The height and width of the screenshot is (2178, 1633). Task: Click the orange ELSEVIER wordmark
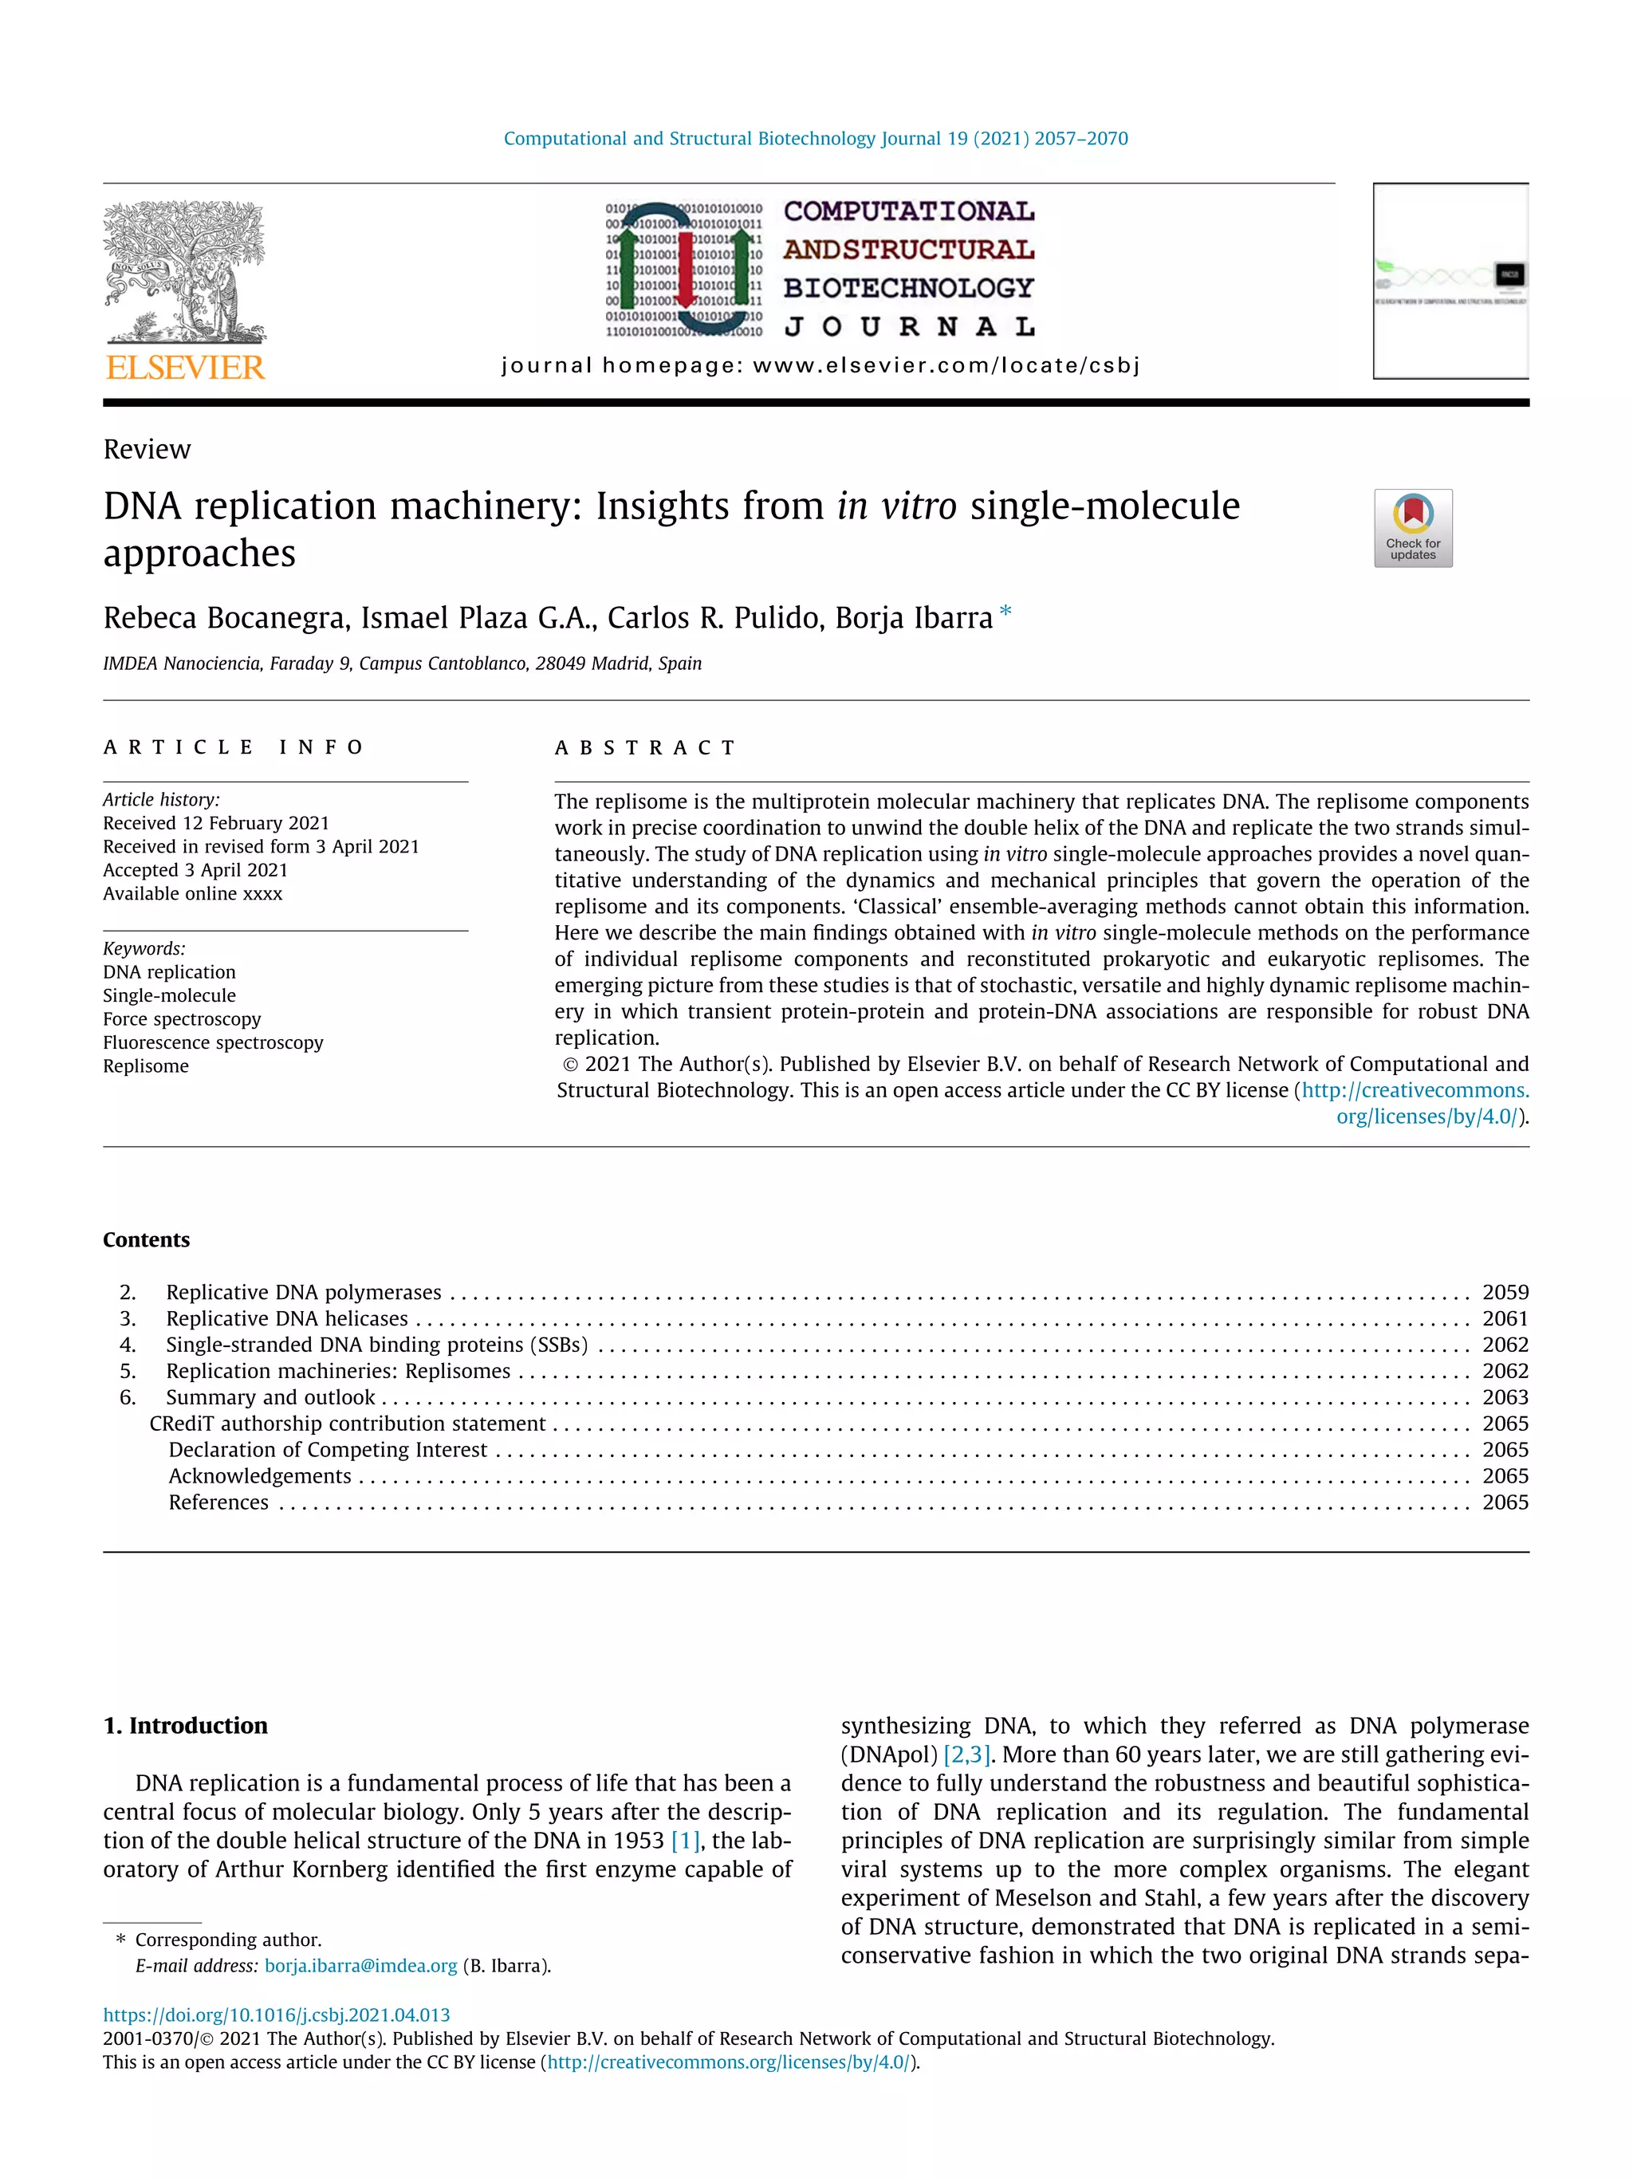tap(185, 368)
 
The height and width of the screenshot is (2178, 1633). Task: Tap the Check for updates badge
tap(1412, 528)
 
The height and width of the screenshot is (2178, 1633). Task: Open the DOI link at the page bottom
tap(277, 2015)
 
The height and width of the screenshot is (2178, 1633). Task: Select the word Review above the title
tap(147, 450)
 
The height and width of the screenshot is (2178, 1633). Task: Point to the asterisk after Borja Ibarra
tap(1005, 612)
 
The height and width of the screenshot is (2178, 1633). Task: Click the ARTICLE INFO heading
tap(234, 747)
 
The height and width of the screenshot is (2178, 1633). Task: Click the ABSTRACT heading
tap(645, 748)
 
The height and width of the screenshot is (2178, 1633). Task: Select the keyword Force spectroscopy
tap(182, 1019)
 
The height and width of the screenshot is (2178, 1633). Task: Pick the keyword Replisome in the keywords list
tap(146, 1066)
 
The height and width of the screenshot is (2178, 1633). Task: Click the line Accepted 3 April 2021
tap(195, 870)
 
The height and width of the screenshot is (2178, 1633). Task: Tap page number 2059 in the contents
tap(1505, 1293)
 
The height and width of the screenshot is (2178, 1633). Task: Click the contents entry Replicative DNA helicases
tap(286, 1318)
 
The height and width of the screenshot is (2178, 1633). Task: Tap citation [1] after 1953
tap(684, 1841)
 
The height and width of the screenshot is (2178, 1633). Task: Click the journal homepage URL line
tap(820, 366)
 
